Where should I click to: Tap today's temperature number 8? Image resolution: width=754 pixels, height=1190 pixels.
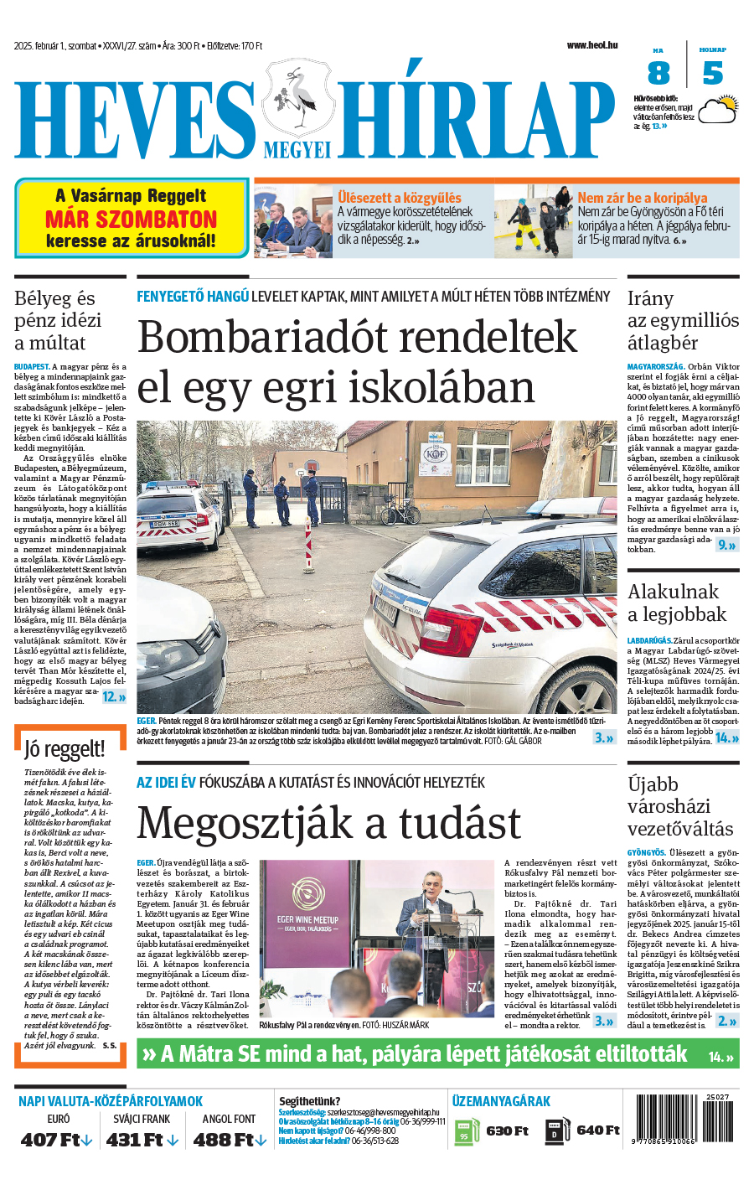pyautogui.click(x=658, y=74)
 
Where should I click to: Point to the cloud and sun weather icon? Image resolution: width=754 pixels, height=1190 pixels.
pyautogui.click(x=718, y=109)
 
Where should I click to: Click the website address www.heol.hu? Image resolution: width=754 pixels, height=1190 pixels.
pyautogui.click(x=591, y=45)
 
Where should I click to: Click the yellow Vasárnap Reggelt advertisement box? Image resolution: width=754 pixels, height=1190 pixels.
pyautogui.click(x=132, y=218)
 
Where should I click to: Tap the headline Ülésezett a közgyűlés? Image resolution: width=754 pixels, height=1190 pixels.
pyautogui.click(x=399, y=198)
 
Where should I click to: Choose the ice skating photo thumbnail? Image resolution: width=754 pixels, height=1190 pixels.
pyautogui.click(x=533, y=221)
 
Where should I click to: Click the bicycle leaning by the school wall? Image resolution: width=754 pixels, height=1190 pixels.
pyautogui.click(x=400, y=511)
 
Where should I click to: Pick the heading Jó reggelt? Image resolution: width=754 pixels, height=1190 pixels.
pyautogui.click(x=65, y=748)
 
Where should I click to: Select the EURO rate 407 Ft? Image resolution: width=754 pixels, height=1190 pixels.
pyautogui.click(x=56, y=1140)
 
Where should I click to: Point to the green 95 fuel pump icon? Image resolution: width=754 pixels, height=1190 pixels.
pyautogui.click(x=464, y=1132)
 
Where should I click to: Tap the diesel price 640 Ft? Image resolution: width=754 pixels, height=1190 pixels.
pyautogui.click(x=597, y=1130)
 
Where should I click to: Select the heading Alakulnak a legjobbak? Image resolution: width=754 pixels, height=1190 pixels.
pyautogui.click(x=676, y=603)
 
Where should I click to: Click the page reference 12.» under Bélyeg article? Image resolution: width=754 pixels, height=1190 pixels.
pyautogui.click(x=114, y=696)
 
